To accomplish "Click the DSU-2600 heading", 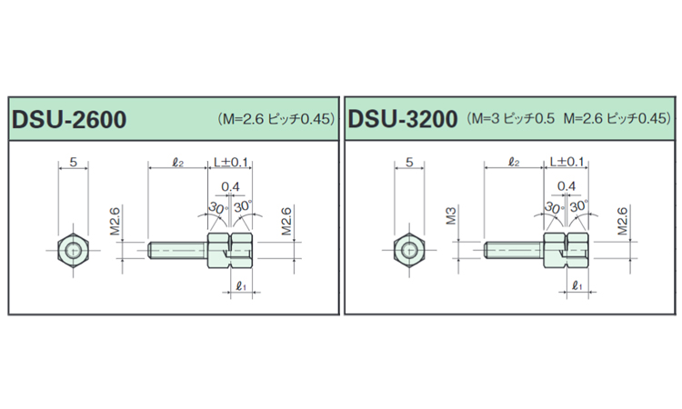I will point(68,119).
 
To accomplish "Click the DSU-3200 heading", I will point(403,119).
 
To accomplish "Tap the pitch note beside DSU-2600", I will point(276,119).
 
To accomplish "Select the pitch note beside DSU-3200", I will point(570,119).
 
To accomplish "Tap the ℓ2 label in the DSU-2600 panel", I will point(178,164).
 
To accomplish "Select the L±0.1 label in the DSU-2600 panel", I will point(231,164).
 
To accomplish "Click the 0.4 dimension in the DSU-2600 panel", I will point(231,186).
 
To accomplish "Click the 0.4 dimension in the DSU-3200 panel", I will point(567,186).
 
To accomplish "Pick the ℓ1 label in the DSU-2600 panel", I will point(241,285).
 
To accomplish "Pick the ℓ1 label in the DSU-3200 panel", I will point(577,285).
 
